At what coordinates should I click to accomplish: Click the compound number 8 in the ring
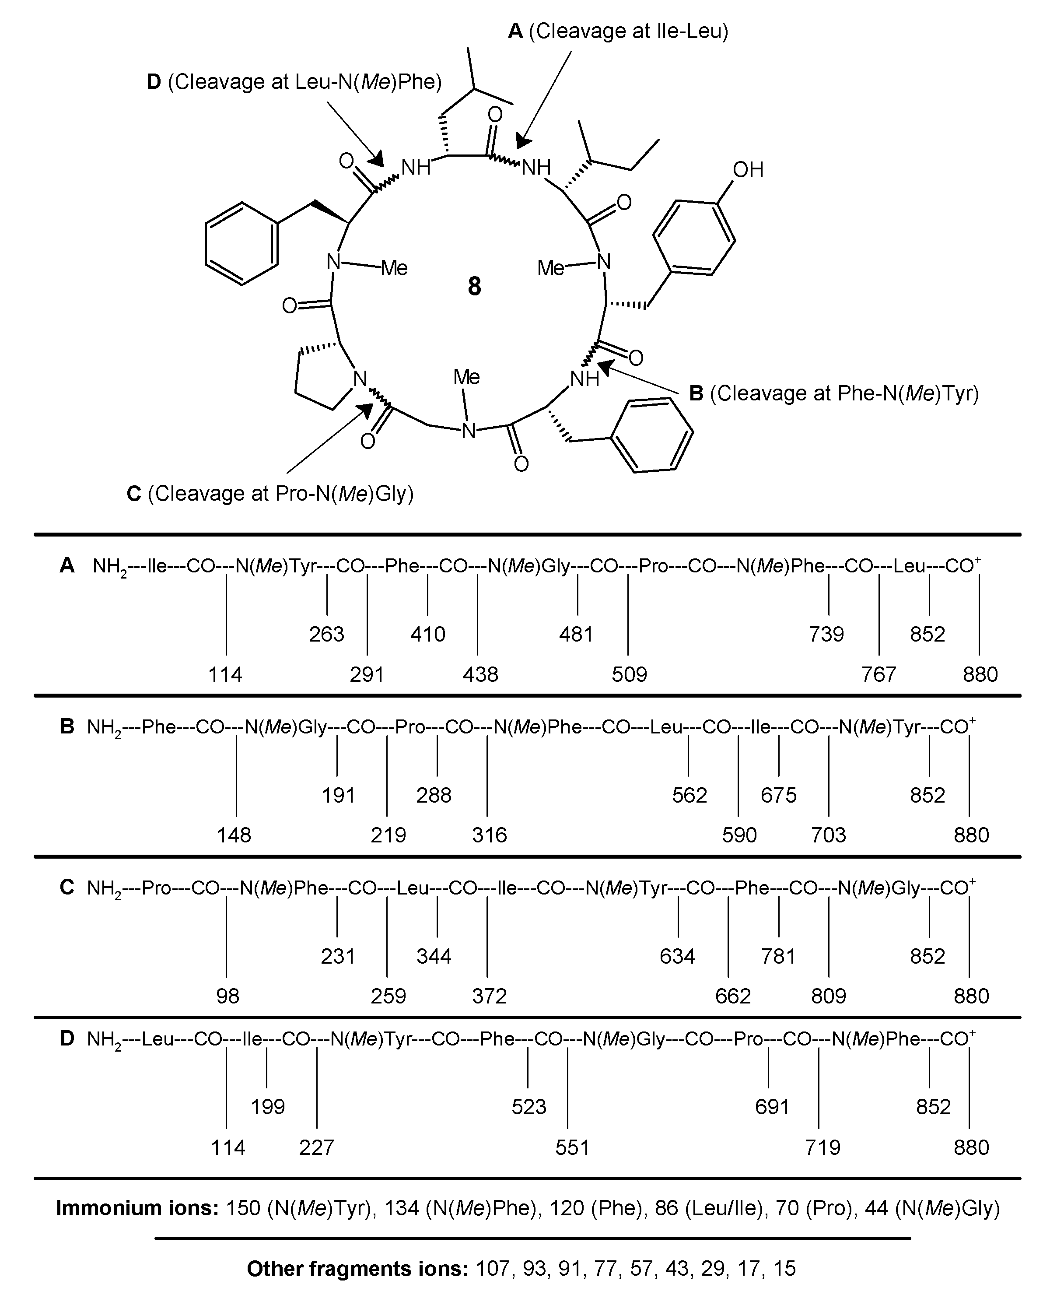click(474, 286)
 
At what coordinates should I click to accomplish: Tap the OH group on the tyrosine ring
click(748, 170)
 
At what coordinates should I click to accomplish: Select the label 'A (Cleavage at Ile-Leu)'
click(618, 31)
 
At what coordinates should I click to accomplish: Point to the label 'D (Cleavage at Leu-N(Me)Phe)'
click(294, 82)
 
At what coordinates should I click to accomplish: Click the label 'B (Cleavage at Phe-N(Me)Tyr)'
click(834, 394)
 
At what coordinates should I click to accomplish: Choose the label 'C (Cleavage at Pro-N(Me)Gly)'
click(270, 494)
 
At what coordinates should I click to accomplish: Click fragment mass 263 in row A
click(327, 634)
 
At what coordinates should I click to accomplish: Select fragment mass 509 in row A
click(629, 674)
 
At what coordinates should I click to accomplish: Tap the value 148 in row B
click(234, 835)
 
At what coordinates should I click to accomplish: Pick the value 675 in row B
click(778, 795)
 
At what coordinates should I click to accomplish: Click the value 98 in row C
click(227, 996)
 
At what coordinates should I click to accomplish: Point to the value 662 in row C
click(732, 996)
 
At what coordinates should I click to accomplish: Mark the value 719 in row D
click(822, 1147)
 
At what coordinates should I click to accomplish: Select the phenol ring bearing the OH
click(694, 237)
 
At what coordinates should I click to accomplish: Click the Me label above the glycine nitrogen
click(466, 378)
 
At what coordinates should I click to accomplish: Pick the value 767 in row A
click(878, 674)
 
